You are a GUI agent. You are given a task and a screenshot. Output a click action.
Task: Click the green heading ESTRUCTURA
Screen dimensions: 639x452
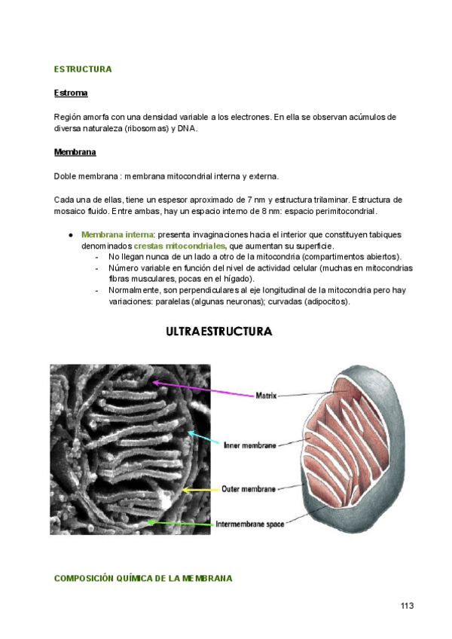point(83,69)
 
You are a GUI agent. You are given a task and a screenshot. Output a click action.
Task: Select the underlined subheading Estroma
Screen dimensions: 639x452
point(71,93)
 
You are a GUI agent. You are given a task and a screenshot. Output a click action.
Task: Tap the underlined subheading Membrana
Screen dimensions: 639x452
point(75,152)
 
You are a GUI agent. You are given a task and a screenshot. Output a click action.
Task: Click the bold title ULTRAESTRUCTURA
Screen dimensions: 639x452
point(218,332)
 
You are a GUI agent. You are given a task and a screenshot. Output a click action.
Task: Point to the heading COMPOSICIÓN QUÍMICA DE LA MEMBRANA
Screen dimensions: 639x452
point(143,578)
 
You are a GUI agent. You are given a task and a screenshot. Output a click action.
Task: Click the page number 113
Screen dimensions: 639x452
point(408,606)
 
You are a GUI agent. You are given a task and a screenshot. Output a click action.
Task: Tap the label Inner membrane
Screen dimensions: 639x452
point(250,446)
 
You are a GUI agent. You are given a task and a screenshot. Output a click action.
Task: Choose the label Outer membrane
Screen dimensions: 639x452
point(248,489)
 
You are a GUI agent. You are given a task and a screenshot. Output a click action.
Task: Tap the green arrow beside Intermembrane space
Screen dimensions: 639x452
point(181,522)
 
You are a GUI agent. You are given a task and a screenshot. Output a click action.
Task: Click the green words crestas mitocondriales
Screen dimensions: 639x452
point(180,246)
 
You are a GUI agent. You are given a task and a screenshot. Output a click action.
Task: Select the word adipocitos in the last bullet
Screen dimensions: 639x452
point(325,301)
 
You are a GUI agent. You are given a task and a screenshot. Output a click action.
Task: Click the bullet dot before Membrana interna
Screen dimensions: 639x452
point(70,235)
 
